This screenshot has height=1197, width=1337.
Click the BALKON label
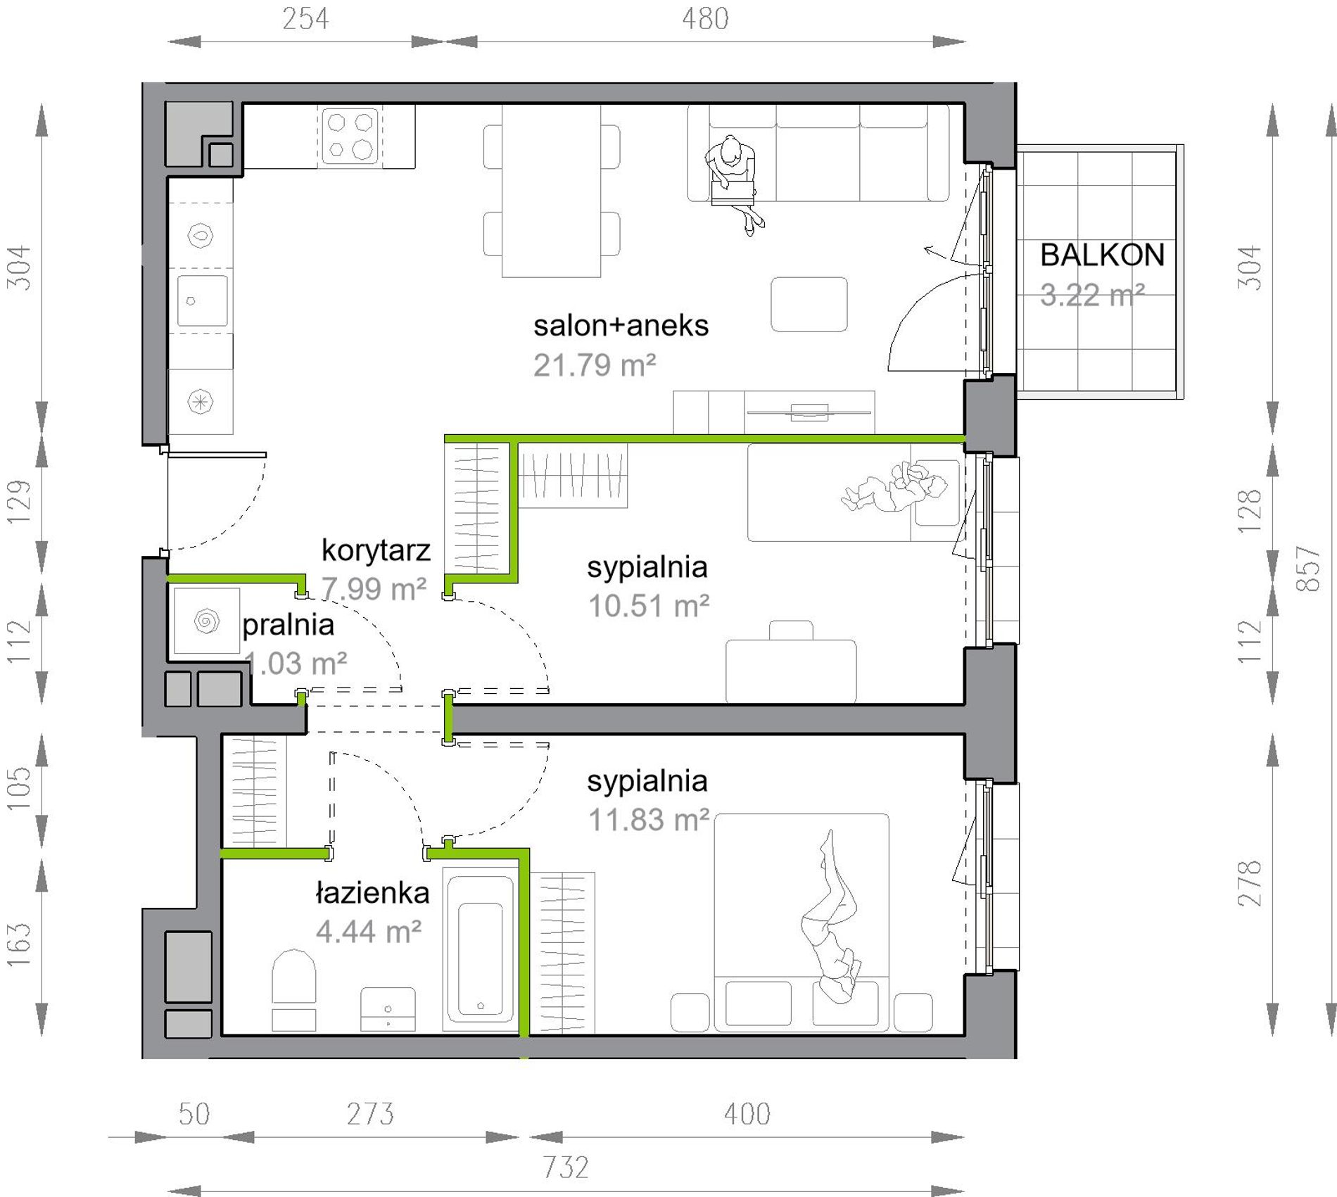tap(1102, 255)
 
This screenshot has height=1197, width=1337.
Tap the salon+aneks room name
tap(621, 326)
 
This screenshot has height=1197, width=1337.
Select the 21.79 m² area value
tap(595, 365)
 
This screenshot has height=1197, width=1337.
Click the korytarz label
tap(376, 550)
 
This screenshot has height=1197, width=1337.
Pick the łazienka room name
tap(372, 893)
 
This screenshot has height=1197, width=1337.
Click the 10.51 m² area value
tap(649, 606)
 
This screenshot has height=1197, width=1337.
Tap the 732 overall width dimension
tap(566, 1167)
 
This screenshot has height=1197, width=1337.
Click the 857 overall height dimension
tap(1308, 569)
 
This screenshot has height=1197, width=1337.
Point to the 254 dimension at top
tap(305, 19)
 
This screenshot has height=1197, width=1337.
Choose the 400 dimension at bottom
tap(747, 1114)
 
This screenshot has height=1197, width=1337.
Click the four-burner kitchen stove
tap(350, 136)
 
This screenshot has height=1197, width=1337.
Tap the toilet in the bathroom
tap(293, 989)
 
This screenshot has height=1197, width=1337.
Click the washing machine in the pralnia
tap(206, 621)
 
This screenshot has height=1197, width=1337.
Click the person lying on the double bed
tap(830, 916)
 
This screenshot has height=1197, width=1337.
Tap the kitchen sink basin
tap(202, 301)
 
